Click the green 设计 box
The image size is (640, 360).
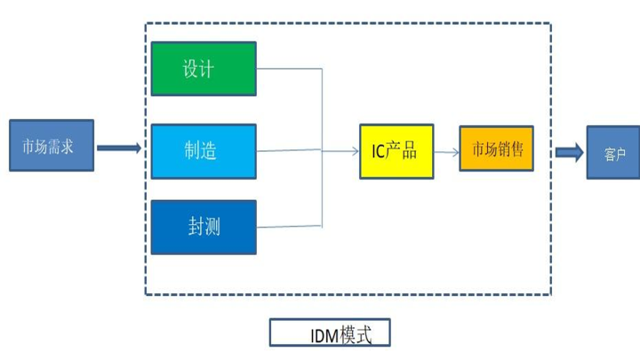[x=204, y=68]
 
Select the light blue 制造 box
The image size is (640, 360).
[x=204, y=151]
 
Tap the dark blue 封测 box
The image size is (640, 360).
[x=204, y=228]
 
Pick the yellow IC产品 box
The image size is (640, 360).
[x=396, y=151]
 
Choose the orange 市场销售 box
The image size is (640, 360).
[x=497, y=148]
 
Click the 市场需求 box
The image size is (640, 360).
[x=52, y=145]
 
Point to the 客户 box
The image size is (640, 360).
[x=612, y=152]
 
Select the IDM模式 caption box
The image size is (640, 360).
[x=330, y=334]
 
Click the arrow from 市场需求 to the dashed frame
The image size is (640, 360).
[x=118, y=148]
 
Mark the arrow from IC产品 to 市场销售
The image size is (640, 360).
[x=447, y=152]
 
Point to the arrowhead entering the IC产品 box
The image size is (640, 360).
[x=355, y=152]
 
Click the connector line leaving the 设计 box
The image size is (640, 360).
[x=289, y=68]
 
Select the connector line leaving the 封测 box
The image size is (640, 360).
[x=289, y=226]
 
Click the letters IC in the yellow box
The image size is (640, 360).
[x=378, y=151]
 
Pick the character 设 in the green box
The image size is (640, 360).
[x=192, y=68]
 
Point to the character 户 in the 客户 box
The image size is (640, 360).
[x=620, y=153]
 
